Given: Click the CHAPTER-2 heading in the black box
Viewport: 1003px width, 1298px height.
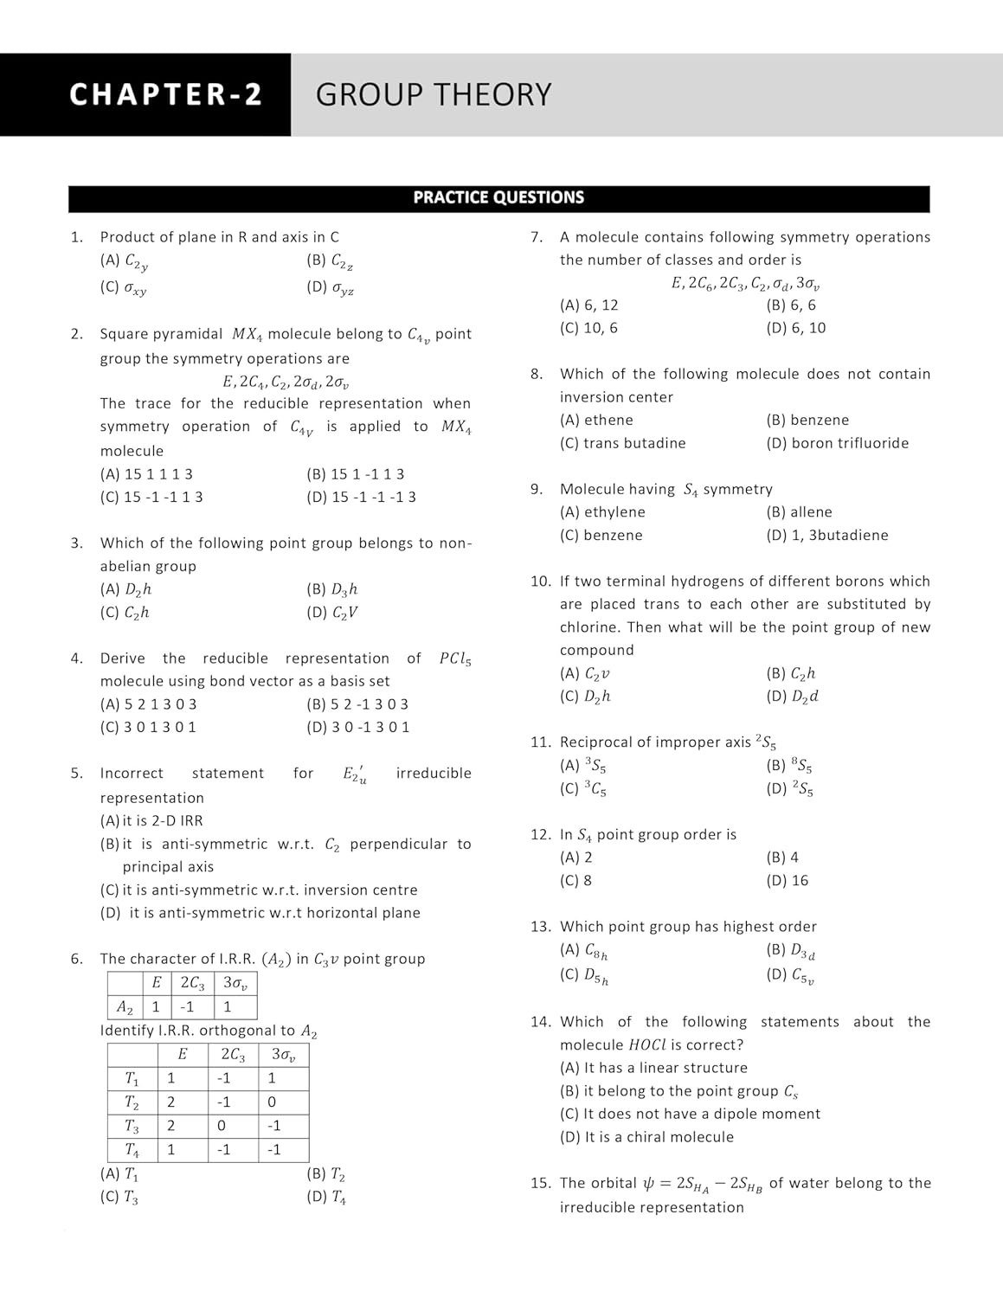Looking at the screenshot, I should (x=165, y=94).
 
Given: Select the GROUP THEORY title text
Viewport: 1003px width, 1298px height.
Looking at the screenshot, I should (x=433, y=94).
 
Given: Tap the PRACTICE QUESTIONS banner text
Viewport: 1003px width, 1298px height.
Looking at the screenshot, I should (x=498, y=197).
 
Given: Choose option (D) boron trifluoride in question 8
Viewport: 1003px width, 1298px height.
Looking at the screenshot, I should (x=837, y=443).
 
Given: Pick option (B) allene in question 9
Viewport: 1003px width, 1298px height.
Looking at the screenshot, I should (x=799, y=512).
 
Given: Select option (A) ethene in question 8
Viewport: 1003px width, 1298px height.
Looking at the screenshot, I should (x=596, y=421).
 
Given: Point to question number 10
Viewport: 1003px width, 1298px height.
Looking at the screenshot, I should (x=540, y=582).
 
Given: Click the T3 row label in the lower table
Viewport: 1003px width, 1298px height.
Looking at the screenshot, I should (x=132, y=1127).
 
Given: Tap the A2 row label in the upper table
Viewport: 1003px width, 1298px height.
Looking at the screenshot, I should (x=125, y=1007).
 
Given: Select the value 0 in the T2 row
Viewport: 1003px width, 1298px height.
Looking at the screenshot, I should (x=272, y=1102).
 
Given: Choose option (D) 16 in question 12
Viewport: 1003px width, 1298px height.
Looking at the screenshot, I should (x=787, y=881).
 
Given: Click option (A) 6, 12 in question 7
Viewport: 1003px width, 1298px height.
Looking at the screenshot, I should (x=589, y=305).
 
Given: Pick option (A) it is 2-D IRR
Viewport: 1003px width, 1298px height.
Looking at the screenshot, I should (x=151, y=821).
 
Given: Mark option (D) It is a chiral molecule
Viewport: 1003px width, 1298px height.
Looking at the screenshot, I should (x=646, y=1137).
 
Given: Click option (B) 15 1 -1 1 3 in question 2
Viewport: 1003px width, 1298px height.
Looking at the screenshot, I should (x=356, y=474).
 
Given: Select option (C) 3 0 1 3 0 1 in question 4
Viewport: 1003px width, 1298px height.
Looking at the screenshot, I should (x=148, y=728).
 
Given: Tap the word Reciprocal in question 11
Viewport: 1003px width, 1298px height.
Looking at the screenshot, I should (x=598, y=742).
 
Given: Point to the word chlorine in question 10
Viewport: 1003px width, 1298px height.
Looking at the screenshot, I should (x=589, y=627).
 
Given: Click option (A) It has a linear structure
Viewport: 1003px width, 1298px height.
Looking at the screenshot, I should (x=653, y=1068).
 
